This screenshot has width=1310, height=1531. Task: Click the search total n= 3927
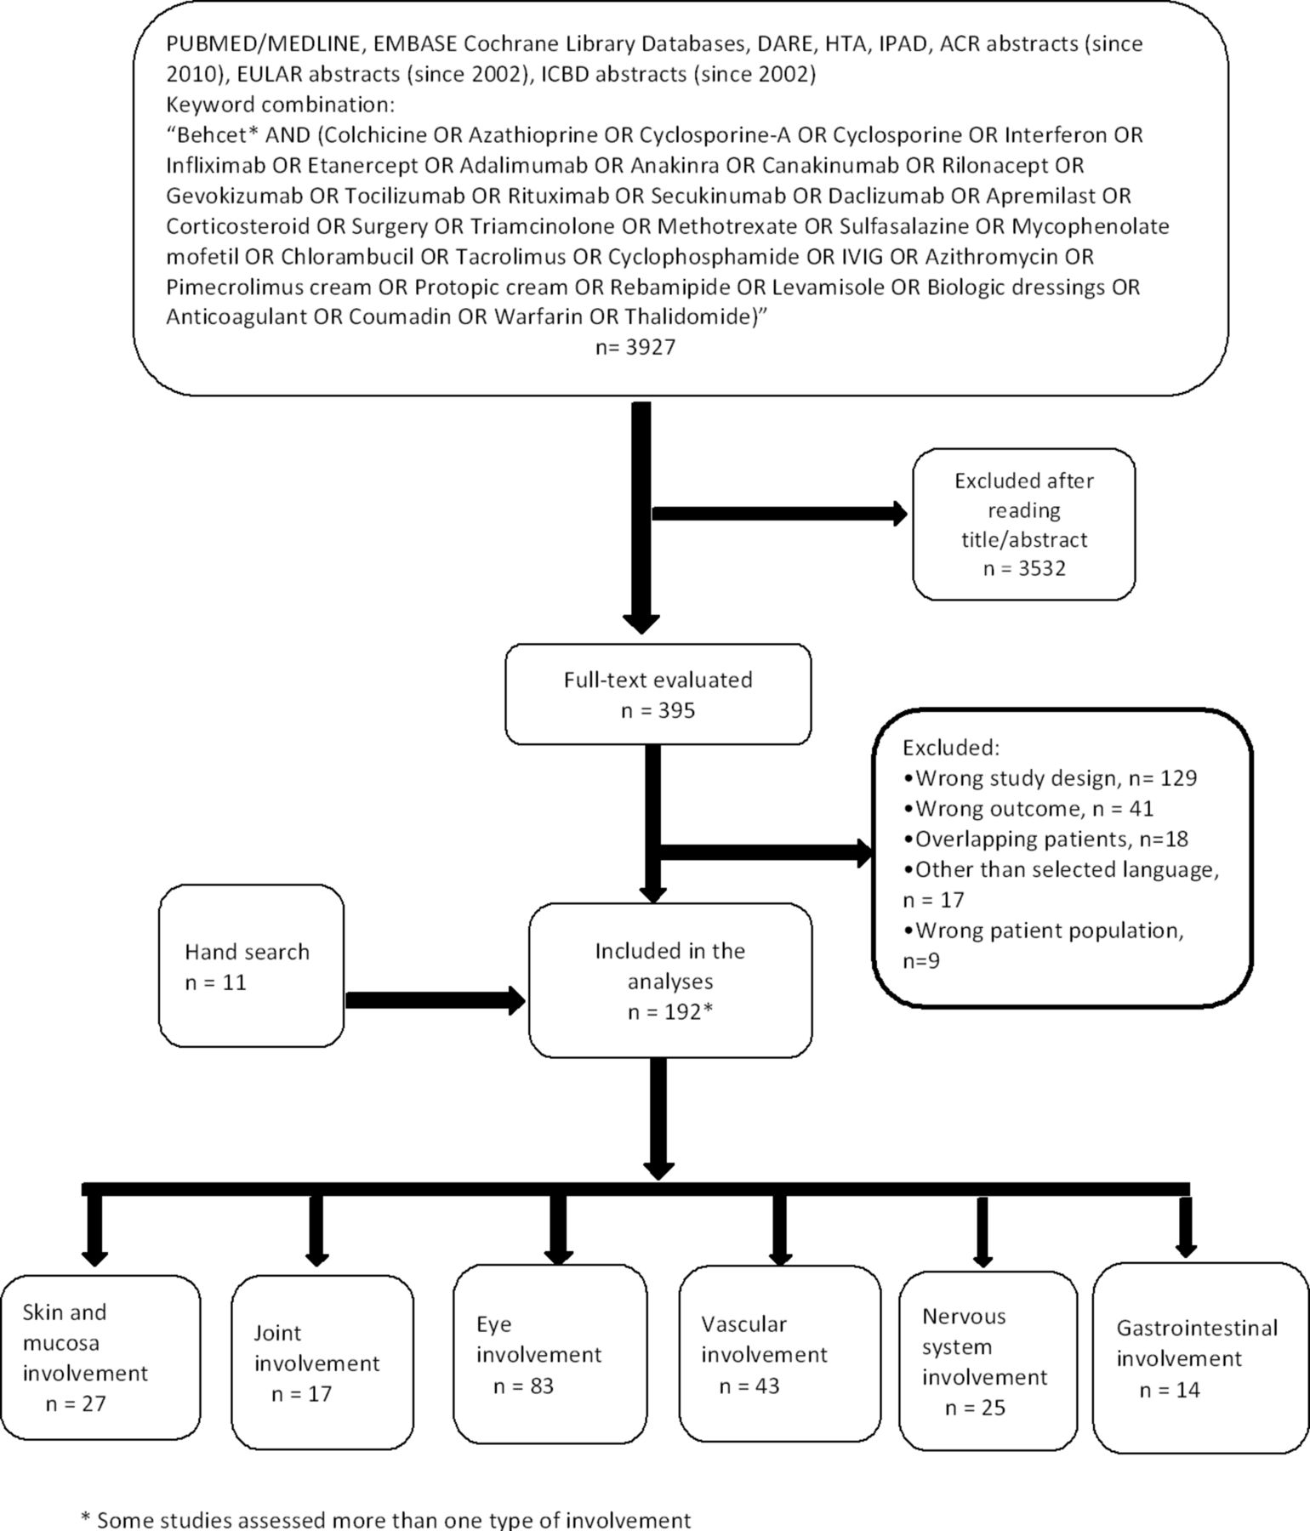pyautogui.click(x=635, y=348)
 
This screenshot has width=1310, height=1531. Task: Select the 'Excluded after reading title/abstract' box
pyautogui.click(x=1023, y=525)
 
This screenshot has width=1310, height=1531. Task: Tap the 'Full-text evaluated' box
pyautogui.click(x=658, y=694)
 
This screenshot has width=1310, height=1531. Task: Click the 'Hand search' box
pyautogui.click(x=251, y=965)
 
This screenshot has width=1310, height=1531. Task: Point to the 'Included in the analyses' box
pyautogui.click(x=670, y=980)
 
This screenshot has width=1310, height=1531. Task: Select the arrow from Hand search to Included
pyautogui.click(x=436, y=1001)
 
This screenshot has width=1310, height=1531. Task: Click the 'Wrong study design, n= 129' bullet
pyautogui.click(x=1050, y=778)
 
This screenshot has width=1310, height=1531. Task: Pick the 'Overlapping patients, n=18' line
pyautogui.click(x=1045, y=839)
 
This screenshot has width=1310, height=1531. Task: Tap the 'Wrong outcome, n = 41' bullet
pyautogui.click(x=1028, y=809)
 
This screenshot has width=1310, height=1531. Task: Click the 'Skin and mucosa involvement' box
pyautogui.click(x=100, y=1357)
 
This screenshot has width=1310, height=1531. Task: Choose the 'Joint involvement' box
pyautogui.click(x=322, y=1362)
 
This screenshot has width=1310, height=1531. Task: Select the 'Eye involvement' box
pyautogui.click(x=550, y=1354)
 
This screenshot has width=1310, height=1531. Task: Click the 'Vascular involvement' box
pyautogui.click(x=779, y=1354)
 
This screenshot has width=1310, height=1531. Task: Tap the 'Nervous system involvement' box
pyautogui.click(x=988, y=1361)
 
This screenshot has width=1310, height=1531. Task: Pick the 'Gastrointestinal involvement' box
pyautogui.click(x=1201, y=1358)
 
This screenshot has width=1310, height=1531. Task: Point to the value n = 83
pyautogui.click(x=523, y=1386)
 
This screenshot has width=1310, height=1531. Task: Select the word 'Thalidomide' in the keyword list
pyautogui.click(x=687, y=317)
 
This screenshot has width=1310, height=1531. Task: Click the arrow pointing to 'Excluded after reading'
pyautogui.click(x=780, y=514)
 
